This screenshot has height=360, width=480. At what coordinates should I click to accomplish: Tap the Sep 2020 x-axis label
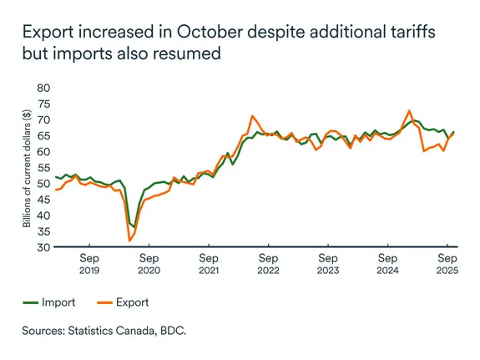point(149,265)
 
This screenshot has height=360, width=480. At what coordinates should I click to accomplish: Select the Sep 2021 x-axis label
point(209,265)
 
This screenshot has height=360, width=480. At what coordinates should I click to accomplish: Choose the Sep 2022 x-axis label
point(268,265)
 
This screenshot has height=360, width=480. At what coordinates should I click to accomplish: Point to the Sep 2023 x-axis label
point(328,265)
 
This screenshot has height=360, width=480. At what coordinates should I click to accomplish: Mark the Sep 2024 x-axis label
point(388,265)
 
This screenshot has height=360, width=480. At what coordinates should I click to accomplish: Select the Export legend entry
point(133,302)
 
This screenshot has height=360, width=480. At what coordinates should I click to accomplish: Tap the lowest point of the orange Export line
point(129,241)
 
